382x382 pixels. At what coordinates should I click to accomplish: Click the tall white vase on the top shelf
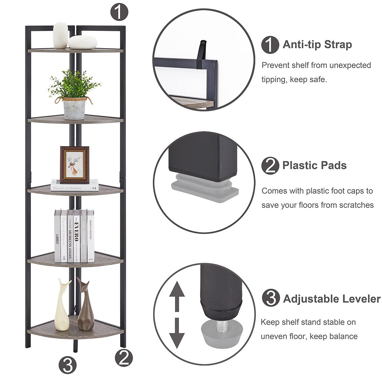click(x=60, y=35)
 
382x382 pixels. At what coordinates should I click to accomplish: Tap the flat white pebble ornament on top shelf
click(x=82, y=42)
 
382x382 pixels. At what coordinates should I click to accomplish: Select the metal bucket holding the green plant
click(x=74, y=108)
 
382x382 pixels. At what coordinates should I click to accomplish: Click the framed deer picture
click(x=75, y=165)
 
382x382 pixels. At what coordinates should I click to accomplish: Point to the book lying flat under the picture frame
click(x=74, y=185)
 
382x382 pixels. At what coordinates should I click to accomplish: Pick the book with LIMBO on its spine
click(x=57, y=236)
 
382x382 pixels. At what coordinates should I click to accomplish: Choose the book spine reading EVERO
click(x=76, y=236)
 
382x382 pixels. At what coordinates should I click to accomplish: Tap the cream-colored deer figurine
click(x=62, y=306)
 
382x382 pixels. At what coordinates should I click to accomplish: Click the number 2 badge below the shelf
click(x=124, y=357)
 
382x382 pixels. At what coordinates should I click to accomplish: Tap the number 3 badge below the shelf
click(x=67, y=365)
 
